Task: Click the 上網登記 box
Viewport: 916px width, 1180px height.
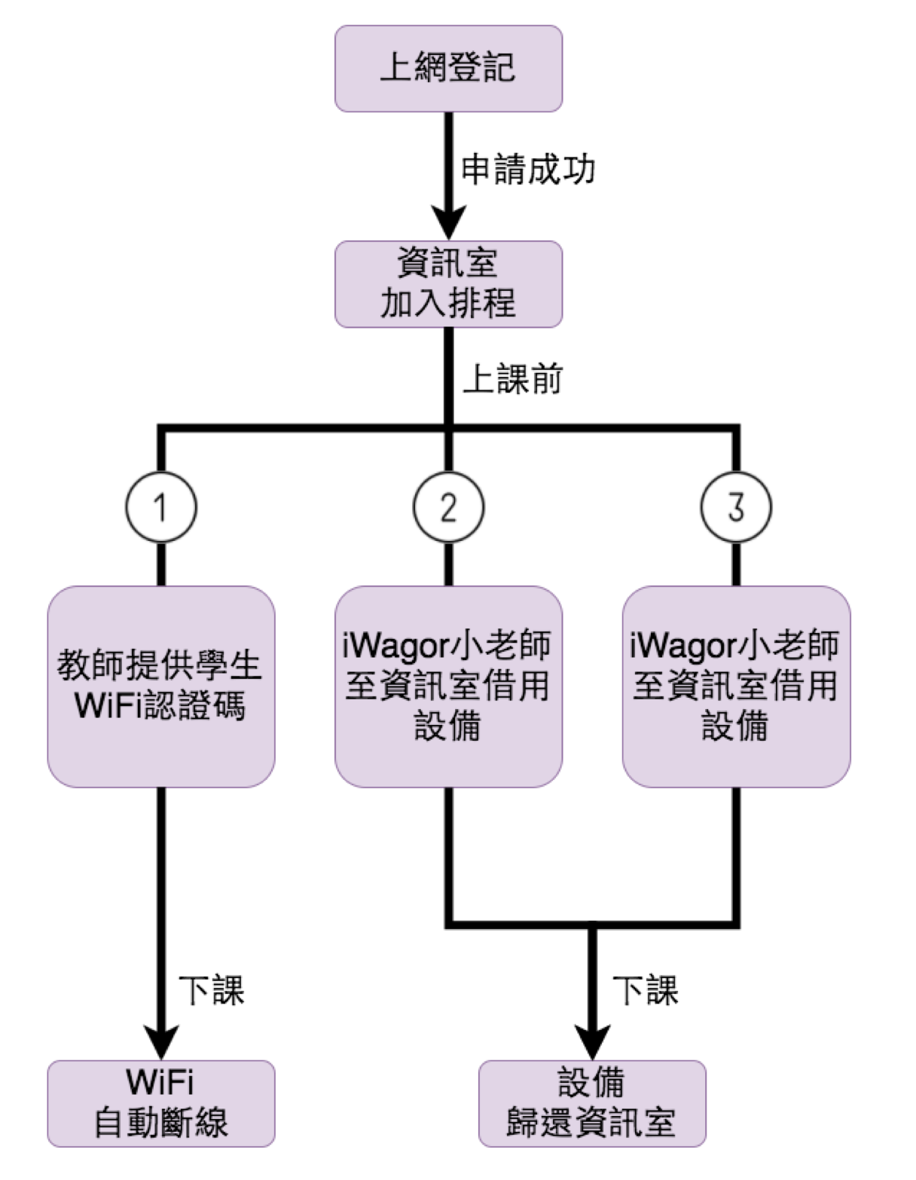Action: tap(448, 69)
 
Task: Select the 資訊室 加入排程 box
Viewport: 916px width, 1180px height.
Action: tap(448, 284)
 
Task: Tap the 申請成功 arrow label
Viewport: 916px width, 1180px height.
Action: tap(528, 170)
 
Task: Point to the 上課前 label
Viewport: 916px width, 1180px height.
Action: tap(512, 378)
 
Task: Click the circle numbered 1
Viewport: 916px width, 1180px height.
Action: tap(161, 506)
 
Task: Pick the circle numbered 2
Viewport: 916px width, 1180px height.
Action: tap(448, 506)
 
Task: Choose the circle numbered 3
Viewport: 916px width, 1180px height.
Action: tap(736, 506)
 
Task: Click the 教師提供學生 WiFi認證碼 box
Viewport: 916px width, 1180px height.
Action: tap(161, 686)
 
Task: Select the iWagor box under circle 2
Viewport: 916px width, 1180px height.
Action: tap(448, 686)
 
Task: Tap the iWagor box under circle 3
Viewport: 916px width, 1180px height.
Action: tap(736, 686)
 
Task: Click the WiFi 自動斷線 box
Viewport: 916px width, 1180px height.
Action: tap(161, 1103)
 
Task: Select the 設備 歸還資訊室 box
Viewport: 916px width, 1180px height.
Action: tap(592, 1103)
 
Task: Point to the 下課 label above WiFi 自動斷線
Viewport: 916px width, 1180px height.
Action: tap(212, 990)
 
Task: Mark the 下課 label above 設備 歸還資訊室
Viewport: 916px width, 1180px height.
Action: tap(646, 990)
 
